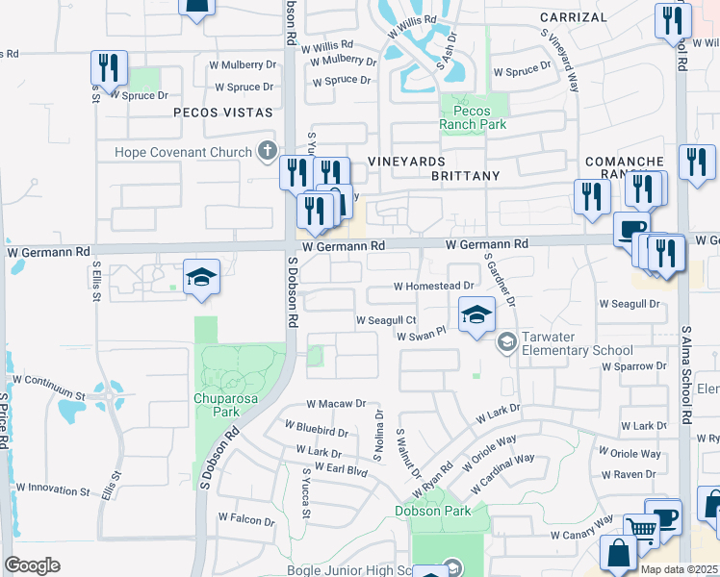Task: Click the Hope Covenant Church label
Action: [x=183, y=152]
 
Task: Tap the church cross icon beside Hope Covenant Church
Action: [x=267, y=151]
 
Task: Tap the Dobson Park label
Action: [x=433, y=511]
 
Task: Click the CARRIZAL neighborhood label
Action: [x=574, y=17]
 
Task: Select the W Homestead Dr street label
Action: [x=434, y=286]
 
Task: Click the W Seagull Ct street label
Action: [x=386, y=320]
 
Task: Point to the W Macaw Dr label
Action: [x=336, y=405]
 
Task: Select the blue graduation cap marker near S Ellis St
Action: [x=202, y=277]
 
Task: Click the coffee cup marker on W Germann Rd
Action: [x=631, y=230]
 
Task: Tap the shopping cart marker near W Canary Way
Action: [x=641, y=528]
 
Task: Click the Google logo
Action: [x=32, y=565]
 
